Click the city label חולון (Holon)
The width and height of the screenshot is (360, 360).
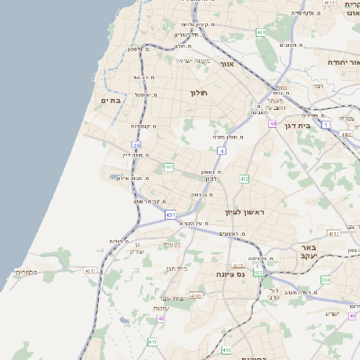pyautogui.click(x=199, y=93)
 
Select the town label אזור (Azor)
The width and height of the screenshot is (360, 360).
pyautogui.click(x=227, y=64)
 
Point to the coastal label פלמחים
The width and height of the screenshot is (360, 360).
pyautogui.click(x=26, y=271)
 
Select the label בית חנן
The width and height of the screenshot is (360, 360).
pyautogui.click(x=176, y=267)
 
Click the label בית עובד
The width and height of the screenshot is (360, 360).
pyautogui.click(x=171, y=298)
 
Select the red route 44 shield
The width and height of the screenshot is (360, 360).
pyautogui.click(x=272, y=123)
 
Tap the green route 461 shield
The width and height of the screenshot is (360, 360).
pyautogui.click(x=260, y=32)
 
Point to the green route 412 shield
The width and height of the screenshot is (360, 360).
pyautogui.click(x=244, y=179)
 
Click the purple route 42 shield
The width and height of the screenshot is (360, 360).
pyautogui.click(x=161, y=318)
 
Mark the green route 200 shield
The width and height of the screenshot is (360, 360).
pyautogui.click(x=325, y=280)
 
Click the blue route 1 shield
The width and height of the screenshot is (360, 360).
pyautogui.click(x=326, y=123)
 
